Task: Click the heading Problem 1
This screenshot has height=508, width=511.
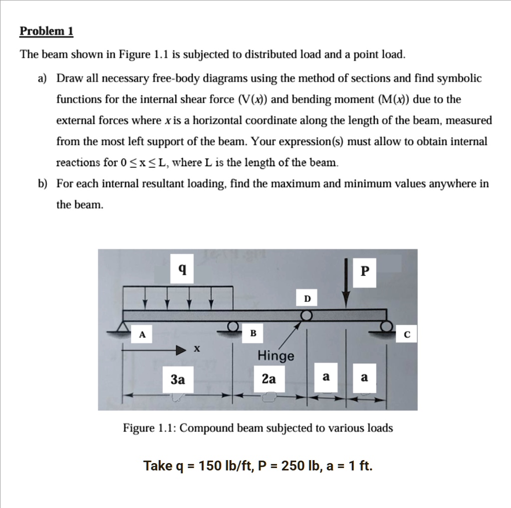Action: [x=46, y=31]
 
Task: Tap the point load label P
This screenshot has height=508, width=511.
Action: [x=365, y=271]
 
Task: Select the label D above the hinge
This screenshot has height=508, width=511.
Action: [x=307, y=298]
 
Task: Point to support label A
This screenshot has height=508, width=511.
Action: [x=142, y=335]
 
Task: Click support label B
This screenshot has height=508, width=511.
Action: [x=253, y=333]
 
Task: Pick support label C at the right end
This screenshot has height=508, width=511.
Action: [x=407, y=335]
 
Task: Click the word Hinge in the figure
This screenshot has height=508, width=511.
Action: [x=276, y=356]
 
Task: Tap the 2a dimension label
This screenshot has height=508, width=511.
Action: [x=268, y=379]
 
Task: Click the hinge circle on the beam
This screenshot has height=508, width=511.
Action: [x=306, y=315]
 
